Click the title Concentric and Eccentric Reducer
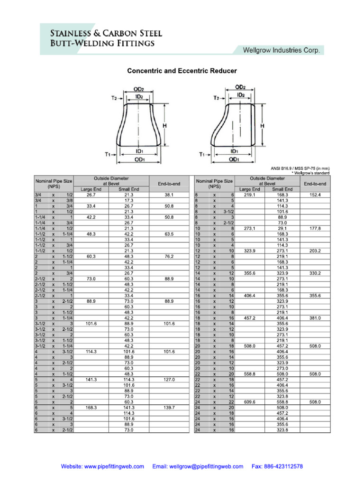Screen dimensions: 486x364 pyautogui.click(x=182, y=71)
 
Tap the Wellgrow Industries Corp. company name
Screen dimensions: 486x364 pyautogui.click(x=281, y=50)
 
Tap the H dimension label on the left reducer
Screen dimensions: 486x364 pyautogui.click(x=164, y=125)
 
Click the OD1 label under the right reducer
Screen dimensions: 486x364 pyautogui.click(x=234, y=160)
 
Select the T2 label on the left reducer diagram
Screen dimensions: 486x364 pyautogui.click(x=114, y=98)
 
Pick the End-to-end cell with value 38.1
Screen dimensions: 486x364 pyautogui.click(x=169, y=195)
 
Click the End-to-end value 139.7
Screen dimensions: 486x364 pyautogui.click(x=169, y=408)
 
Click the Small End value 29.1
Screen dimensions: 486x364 pyautogui.click(x=282, y=228)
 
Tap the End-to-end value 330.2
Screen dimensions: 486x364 pyautogui.click(x=315, y=273)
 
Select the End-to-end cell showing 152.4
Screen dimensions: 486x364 pyautogui.click(x=315, y=195)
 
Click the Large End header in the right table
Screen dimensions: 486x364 pyautogui.click(x=249, y=189)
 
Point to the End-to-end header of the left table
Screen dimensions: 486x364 pyautogui.click(x=169, y=184)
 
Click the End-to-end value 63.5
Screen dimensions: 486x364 pyautogui.click(x=169, y=234)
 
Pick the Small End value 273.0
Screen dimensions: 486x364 pyautogui.click(x=282, y=368)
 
